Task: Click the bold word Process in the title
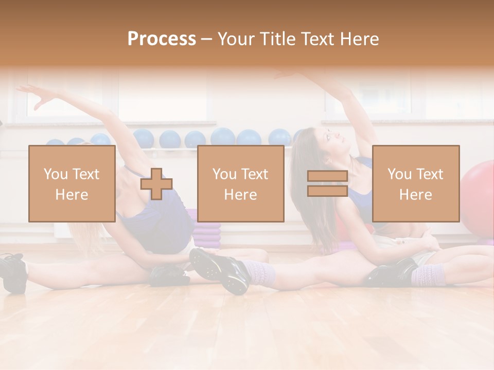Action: [x=162, y=39]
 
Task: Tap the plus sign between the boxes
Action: [x=156, y=183]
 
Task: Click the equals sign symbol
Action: [x=327, y=183]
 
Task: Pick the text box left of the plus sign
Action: [x=72, y=183]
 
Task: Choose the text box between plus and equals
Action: [x=240, y=183]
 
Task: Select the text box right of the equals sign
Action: [x=415, y=183]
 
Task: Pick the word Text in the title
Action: [x=316, y=39]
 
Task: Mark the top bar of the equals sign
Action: [x=327, y=176]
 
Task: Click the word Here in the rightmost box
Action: [x=415, y=194]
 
